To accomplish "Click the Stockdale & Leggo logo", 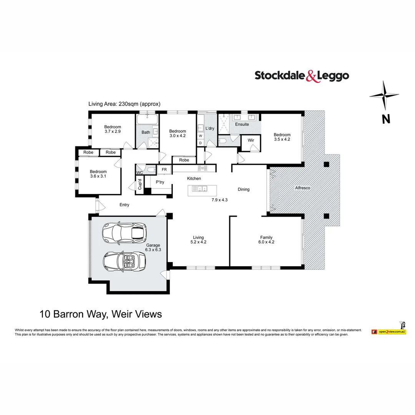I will tap(302, 75).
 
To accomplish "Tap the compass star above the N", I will tap(384, 96).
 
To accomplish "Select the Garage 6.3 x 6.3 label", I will tap(153, 247).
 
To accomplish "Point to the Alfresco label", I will tap(302, 188).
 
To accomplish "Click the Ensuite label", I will tap(242, 124).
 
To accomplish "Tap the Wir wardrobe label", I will tap(251, 140).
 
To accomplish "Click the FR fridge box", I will tap(164, 169).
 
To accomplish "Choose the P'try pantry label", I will tap(160, 182).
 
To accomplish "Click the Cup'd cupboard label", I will tap(140, 184).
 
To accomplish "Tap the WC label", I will tap(139, 173).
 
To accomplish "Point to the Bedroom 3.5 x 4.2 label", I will tap(282, 137).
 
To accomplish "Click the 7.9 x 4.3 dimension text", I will tap(220, 200).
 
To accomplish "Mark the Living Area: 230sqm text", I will tap(124, 104).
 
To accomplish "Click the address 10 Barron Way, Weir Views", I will tap(101, 314).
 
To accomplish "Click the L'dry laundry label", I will tap(210, 128).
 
